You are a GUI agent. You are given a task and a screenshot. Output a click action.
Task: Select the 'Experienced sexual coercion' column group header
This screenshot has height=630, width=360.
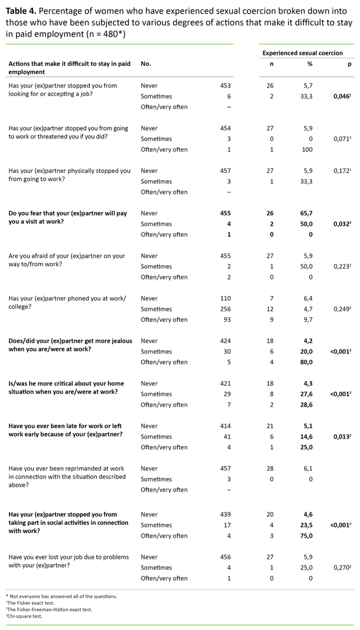tap(303, 53)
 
